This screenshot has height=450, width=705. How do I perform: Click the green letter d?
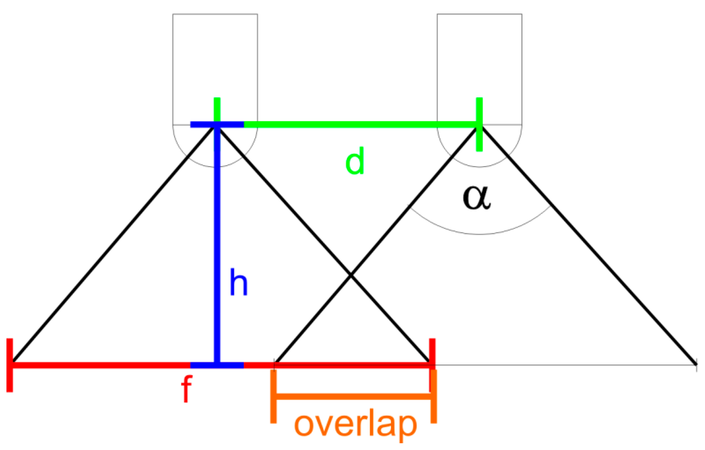[354, 163]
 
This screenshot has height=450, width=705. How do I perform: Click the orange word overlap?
[355, 425]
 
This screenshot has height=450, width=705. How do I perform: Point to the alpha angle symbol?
[476, 197]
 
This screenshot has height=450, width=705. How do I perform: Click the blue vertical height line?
[217, 241]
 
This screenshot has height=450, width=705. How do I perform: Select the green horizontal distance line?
[358, 125]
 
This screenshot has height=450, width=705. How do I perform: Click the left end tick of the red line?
[10, 365]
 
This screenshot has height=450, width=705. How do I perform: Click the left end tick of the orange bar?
[274, 396]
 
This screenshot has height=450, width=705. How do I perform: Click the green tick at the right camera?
[478, 124]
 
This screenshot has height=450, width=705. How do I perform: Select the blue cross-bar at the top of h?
[217, 125]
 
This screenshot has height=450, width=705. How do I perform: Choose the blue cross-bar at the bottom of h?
[217, 364]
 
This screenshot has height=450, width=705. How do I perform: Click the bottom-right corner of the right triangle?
[695, 363]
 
